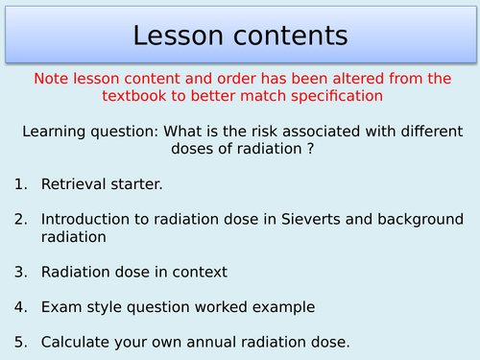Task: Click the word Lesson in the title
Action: coord(180,36)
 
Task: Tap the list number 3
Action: coord(21,272)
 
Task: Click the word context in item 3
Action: coord(200,272)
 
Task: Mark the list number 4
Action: coord(21,308)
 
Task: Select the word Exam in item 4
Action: coord(59,308)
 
